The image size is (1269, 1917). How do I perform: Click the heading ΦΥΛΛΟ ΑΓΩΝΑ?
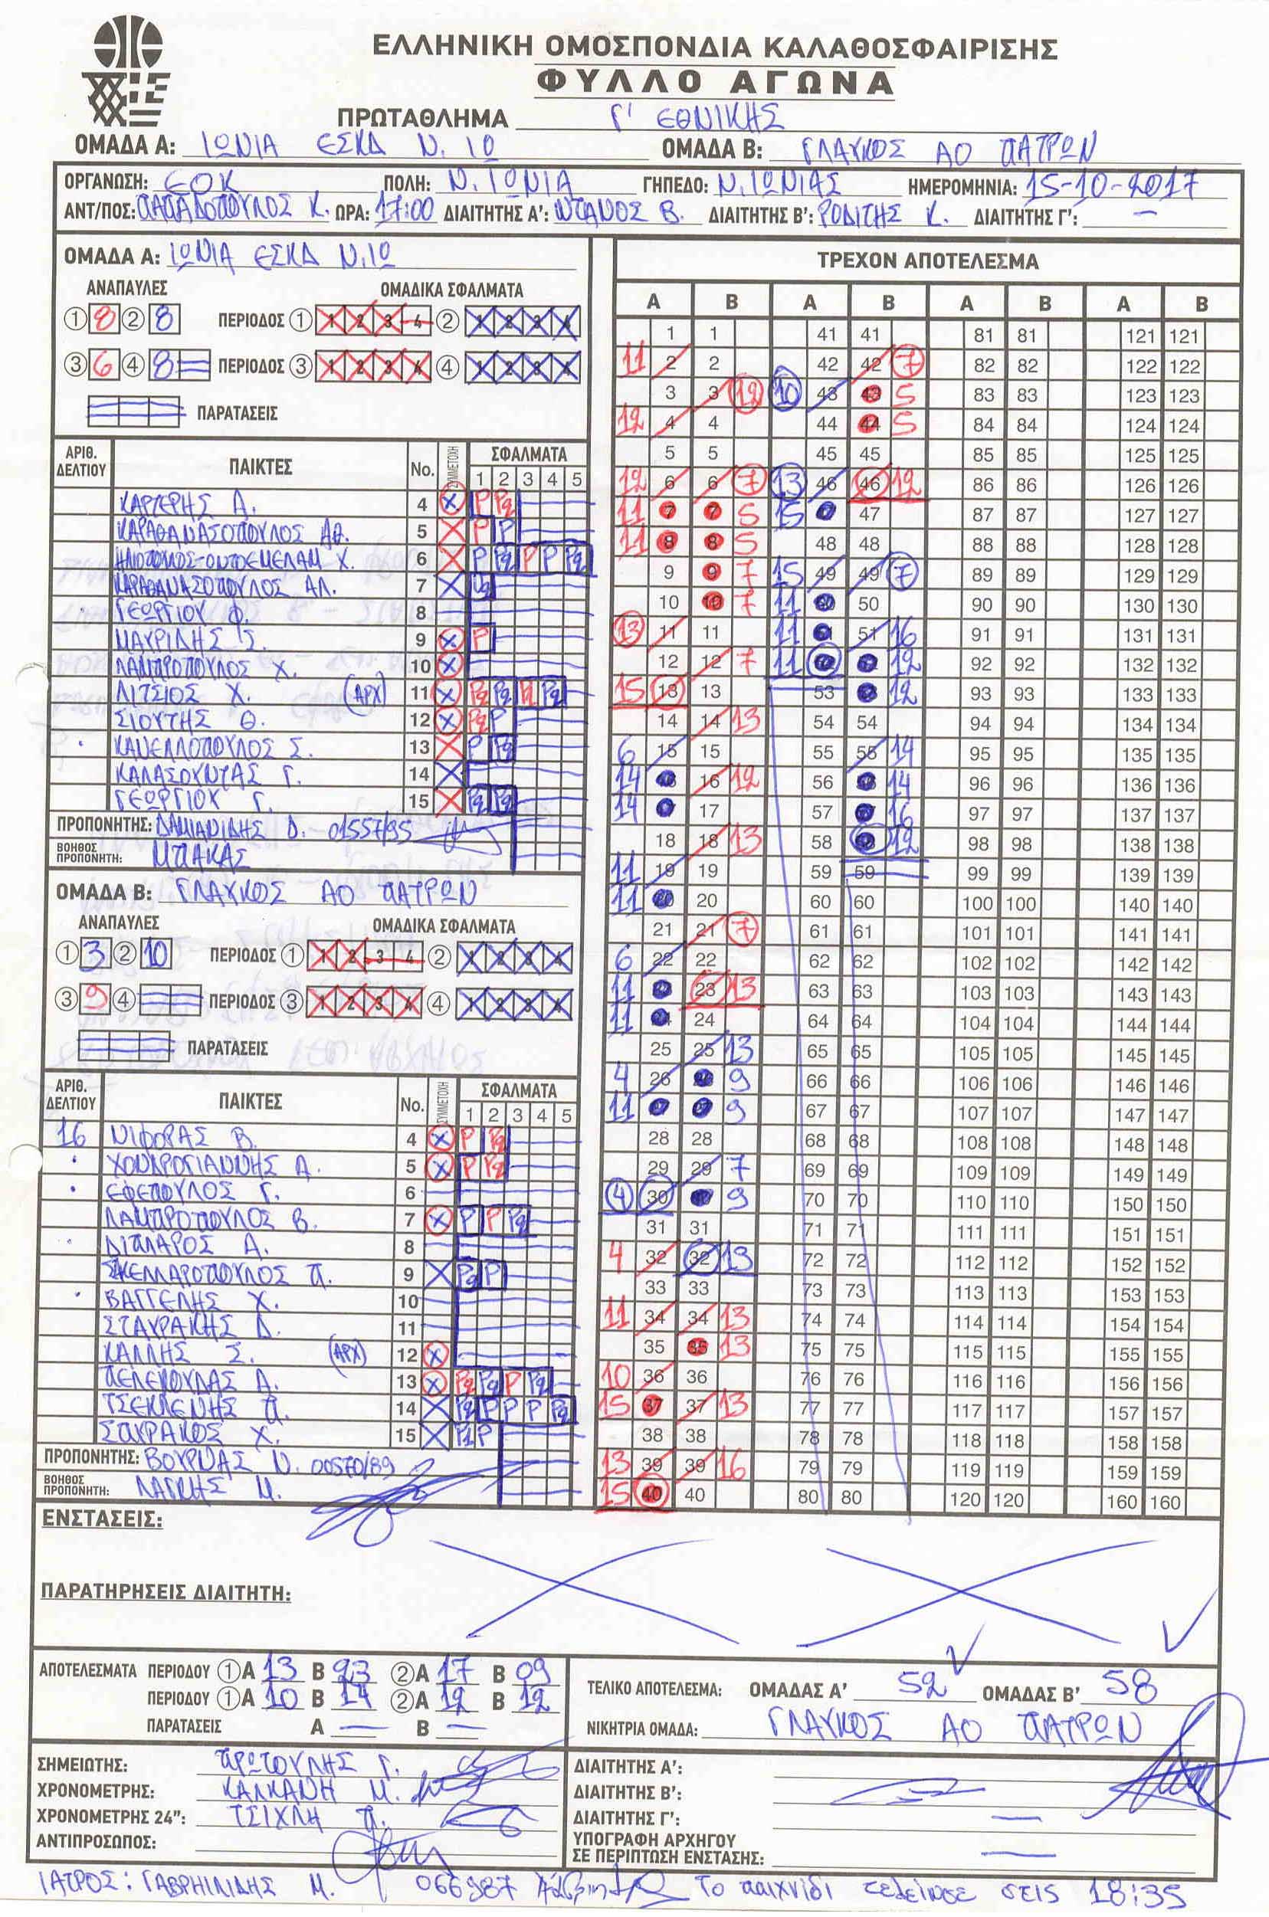(716, 83)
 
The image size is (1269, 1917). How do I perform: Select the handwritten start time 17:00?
(402, 213)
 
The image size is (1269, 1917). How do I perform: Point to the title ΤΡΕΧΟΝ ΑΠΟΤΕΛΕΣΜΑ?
(926, 261)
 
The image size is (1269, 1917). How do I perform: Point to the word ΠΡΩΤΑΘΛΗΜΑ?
(422, 118)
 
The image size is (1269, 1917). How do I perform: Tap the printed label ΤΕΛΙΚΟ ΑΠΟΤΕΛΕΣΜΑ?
(654, 1689)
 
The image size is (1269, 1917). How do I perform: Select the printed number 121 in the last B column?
(1183, 336)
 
